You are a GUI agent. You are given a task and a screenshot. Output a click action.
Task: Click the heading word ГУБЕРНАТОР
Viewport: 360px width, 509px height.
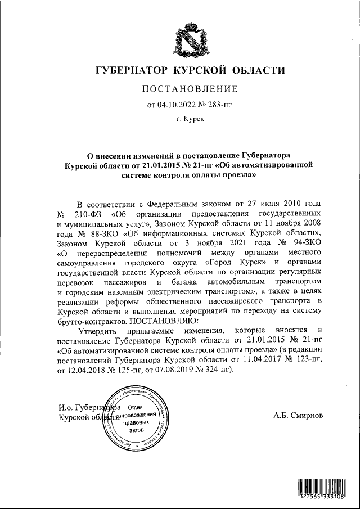(x=133, y=70)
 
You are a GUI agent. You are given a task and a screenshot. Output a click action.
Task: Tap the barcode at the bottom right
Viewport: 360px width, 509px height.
(x=324, y=488)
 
